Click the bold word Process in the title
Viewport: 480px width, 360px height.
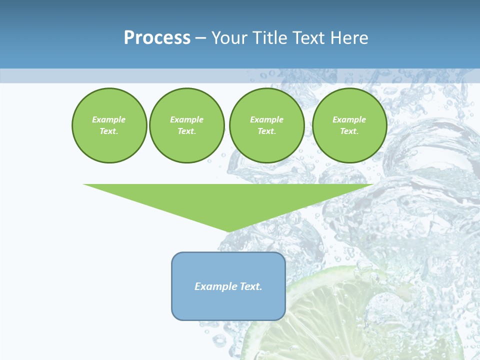click(157, 38)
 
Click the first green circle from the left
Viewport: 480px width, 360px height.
click(109, 125)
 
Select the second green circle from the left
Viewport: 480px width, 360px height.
click(186, 125)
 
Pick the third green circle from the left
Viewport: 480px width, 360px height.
click(266, 125)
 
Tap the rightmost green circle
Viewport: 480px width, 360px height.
click(349, 125)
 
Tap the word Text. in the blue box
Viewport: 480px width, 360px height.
click(250, 286)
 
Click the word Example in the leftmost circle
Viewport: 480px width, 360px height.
click(109, 119)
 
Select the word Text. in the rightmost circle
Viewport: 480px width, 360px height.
click(349, 131)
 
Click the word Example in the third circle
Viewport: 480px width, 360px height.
click(266, 119)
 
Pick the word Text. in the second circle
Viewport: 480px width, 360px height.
click(186, 131)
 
